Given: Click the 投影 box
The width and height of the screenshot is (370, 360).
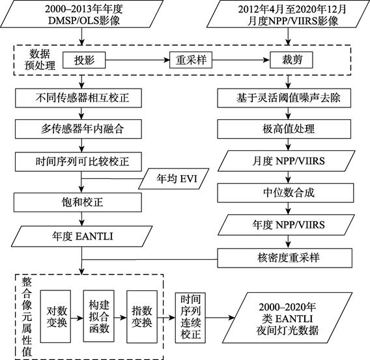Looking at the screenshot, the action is (84, 60).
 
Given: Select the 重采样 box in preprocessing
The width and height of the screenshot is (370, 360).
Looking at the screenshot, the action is (191, 60).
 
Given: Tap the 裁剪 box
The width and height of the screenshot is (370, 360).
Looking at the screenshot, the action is (291, 60).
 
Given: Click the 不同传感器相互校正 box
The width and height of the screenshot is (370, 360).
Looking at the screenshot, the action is (78, 98).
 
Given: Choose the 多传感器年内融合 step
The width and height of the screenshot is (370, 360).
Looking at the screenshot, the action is (78, 129).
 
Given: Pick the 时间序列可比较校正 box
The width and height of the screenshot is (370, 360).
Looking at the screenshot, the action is (78, 161).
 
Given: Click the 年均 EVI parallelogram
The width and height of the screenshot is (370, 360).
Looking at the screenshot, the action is (174, 179).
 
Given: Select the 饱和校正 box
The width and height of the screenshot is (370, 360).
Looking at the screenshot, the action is (78, 202).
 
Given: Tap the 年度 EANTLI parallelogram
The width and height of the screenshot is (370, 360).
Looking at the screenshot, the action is (82, 236).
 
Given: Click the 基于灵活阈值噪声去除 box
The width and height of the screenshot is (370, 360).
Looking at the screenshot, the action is (284, 98).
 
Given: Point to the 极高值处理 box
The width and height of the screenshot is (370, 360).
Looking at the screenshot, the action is (284, 129).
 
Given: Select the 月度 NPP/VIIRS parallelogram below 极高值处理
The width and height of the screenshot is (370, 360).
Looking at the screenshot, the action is (286, 161).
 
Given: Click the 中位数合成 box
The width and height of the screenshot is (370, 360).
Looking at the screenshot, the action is (285, 193).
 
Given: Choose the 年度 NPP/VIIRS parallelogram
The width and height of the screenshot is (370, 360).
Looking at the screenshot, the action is (286, 225).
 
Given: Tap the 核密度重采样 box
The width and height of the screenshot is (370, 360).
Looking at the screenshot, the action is (285, 258).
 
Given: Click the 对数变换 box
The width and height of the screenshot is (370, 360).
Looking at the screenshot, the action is (55, 316).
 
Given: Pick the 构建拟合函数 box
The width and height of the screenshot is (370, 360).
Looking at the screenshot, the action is (98, 316).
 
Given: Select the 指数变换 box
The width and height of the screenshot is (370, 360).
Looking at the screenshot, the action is (142, 316).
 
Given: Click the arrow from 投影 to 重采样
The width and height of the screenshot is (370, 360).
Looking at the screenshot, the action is (137, 60).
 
